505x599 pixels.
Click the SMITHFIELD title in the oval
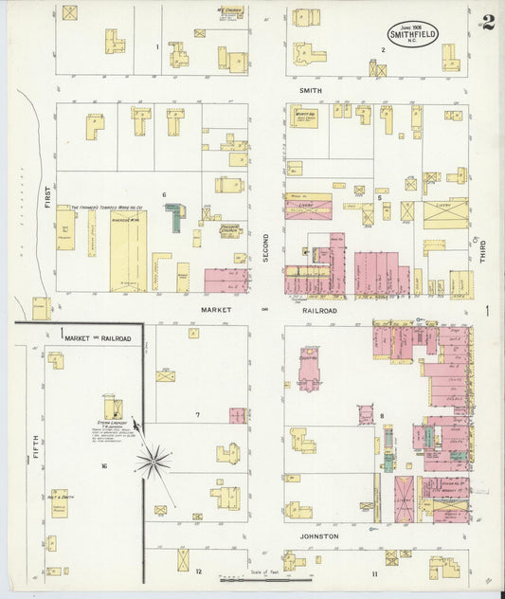(x=412, y=34)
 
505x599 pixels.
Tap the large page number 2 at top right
(x=486, y=22)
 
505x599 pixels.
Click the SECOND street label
(x=266, y=248)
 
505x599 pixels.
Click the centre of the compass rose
(x=153, y=462)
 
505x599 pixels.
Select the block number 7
(x=197, y=415)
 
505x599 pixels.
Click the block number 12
(x=199, y=572)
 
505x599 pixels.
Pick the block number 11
(x=375, y=573)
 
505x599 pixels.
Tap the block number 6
(x=164, y=196)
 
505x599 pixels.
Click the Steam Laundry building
(x=113, y=409)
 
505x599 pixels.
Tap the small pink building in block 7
(x=237, y=415)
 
